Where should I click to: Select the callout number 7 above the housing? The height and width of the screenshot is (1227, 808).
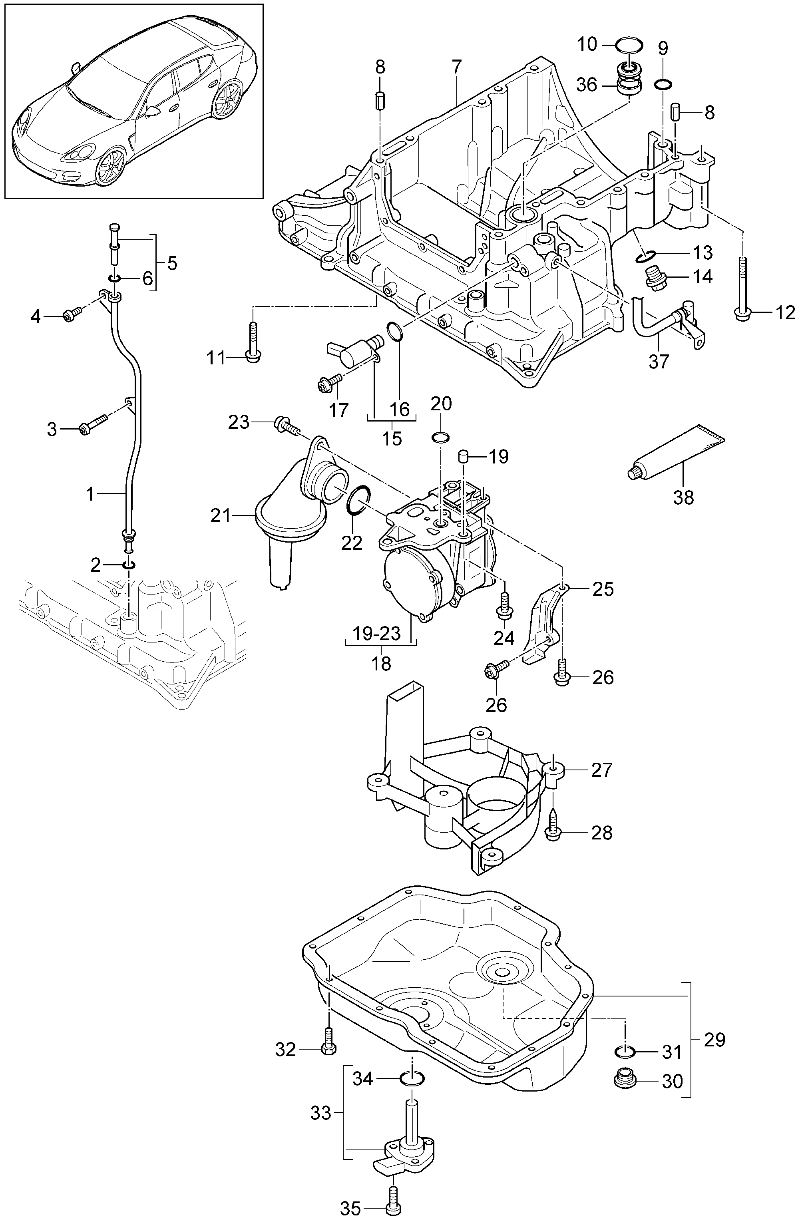457,68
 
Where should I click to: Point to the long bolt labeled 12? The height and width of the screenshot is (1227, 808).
742,289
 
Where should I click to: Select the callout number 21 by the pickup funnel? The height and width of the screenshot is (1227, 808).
220,515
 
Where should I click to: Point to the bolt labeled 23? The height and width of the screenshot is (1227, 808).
286,424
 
